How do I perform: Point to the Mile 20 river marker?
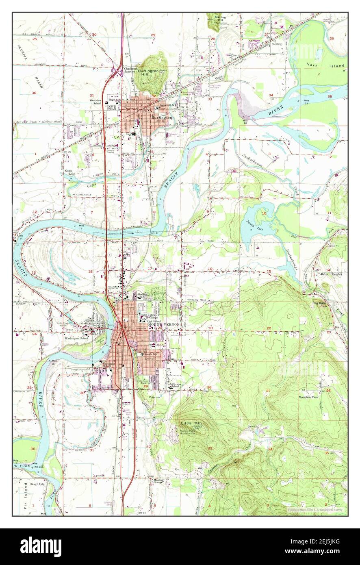point(244,122)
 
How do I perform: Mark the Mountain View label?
point(308,397)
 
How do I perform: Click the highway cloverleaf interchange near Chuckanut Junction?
point(116,72)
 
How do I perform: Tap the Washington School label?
point(77,338)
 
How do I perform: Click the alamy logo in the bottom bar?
point(41,546)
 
